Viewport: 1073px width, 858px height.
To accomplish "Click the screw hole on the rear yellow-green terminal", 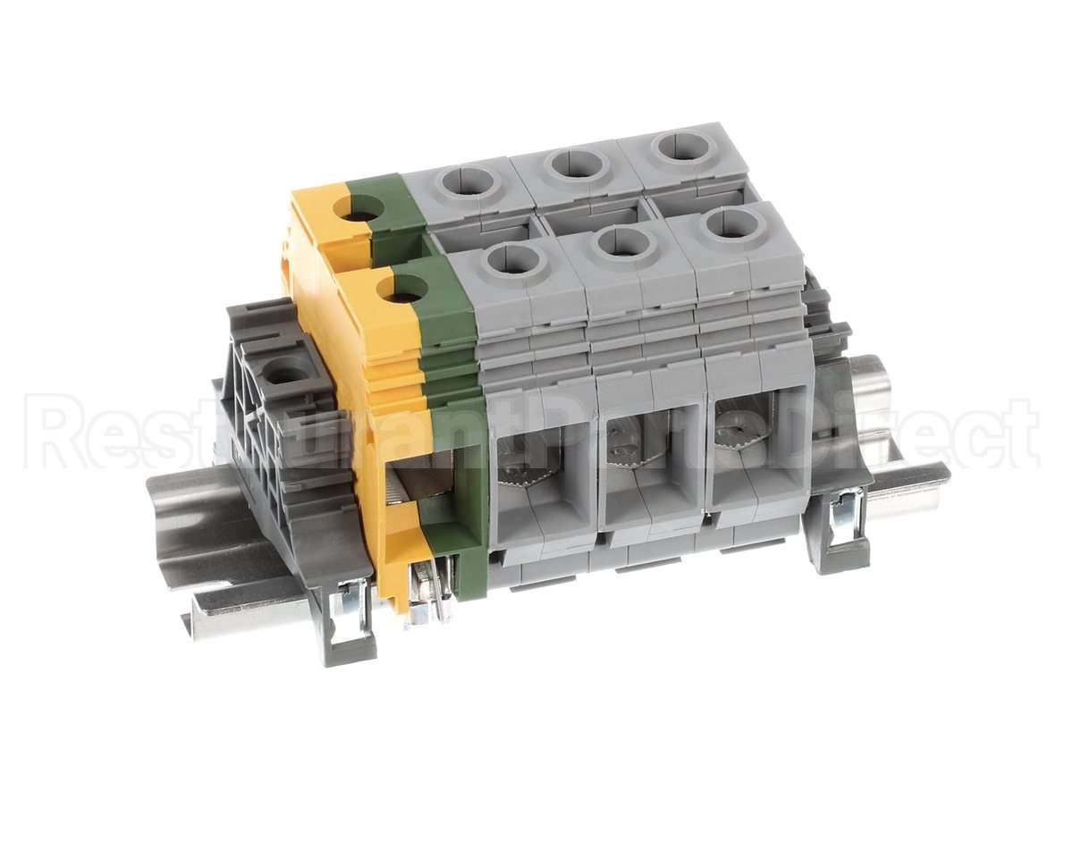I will [x=359, y=209].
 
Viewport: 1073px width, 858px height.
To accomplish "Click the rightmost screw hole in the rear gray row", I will [x=684, y=145].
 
